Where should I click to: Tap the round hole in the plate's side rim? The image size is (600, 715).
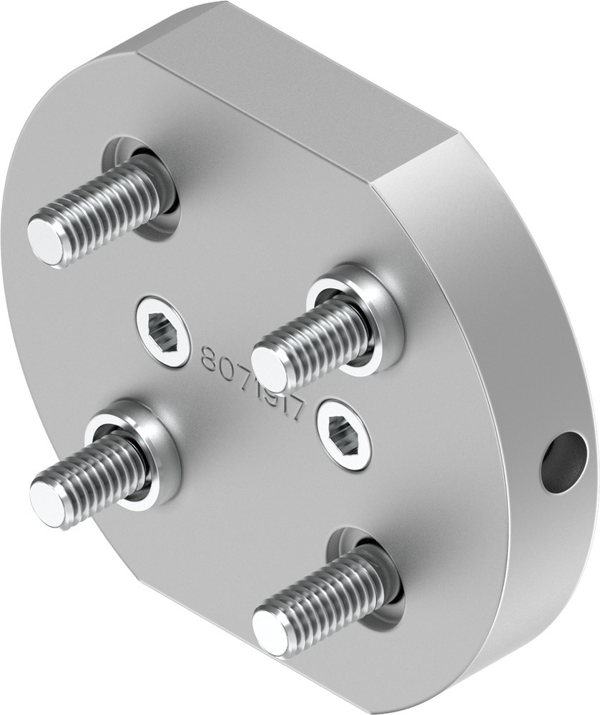pyautogui.click(x=564, y=463)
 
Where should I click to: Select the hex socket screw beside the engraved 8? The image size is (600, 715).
pyautogui.click(x=164, y=332)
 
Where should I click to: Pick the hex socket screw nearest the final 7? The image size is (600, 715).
pyautogui.click(x=345, y=434)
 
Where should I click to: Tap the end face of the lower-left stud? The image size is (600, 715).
pyautogui.click(x=47, y=501)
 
